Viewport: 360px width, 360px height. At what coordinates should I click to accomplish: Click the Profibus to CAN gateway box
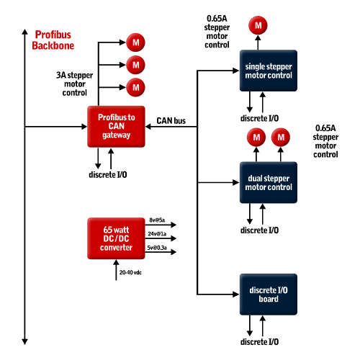[116, 127]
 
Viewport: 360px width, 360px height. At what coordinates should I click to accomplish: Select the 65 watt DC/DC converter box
[116, 238]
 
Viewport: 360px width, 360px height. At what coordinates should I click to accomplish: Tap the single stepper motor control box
[269, 71]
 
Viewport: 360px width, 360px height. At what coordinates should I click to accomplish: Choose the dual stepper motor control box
[269, 182]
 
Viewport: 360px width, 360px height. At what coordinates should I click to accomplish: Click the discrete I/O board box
[269, 294]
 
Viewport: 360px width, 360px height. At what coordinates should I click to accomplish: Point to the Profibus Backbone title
[53, 40]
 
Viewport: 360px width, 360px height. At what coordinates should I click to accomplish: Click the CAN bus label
[171, 121]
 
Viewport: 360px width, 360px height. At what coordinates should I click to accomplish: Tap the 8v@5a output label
[157, 220]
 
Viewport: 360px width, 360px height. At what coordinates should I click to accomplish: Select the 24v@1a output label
[157, 234]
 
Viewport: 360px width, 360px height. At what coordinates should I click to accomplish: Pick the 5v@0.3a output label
[157, 248]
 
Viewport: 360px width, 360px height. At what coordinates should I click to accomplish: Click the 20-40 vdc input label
[130, 272]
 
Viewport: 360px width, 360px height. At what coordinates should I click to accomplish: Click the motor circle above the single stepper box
[258, 25]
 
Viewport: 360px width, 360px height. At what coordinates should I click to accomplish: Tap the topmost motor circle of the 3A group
[135, 42]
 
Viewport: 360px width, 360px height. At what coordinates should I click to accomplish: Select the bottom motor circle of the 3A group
[135, 87]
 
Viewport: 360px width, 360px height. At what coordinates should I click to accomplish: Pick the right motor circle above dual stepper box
[281, 138]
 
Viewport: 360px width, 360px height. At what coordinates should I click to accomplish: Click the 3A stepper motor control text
[75, 84]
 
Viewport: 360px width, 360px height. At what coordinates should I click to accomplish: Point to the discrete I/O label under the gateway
[108, 174]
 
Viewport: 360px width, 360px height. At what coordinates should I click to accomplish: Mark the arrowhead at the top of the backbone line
[24, 32]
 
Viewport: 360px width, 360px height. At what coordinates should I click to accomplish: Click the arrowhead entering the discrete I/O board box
[236, 294]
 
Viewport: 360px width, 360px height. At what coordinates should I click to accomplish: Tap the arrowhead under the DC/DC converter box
[116, 263]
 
